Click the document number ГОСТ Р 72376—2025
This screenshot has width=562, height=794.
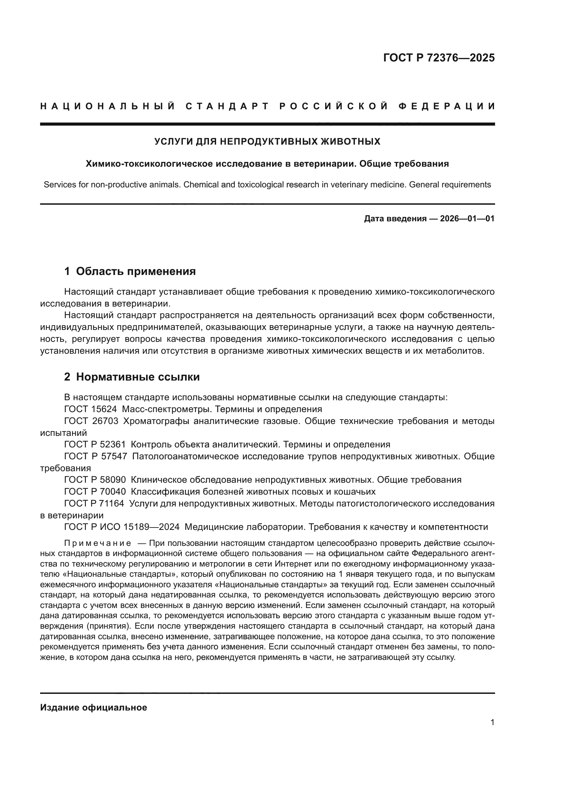coord(439,58)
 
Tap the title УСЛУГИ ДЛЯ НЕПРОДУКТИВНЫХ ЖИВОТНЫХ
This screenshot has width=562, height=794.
coord(267,142)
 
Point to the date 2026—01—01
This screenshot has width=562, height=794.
coord(467,219)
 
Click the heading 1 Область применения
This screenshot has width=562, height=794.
coord(130,272)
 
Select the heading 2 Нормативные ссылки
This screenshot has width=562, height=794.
coord(132,377)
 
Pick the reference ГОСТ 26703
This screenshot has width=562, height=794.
coord(91,421)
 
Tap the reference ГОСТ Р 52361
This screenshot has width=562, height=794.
coord(95,445)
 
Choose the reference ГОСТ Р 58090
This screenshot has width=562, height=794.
coord(95,480)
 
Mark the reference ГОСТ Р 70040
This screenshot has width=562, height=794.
coord(95,492)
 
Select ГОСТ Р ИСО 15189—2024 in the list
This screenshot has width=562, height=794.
coord(122,527)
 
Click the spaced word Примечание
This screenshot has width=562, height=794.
coord(98,543)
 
